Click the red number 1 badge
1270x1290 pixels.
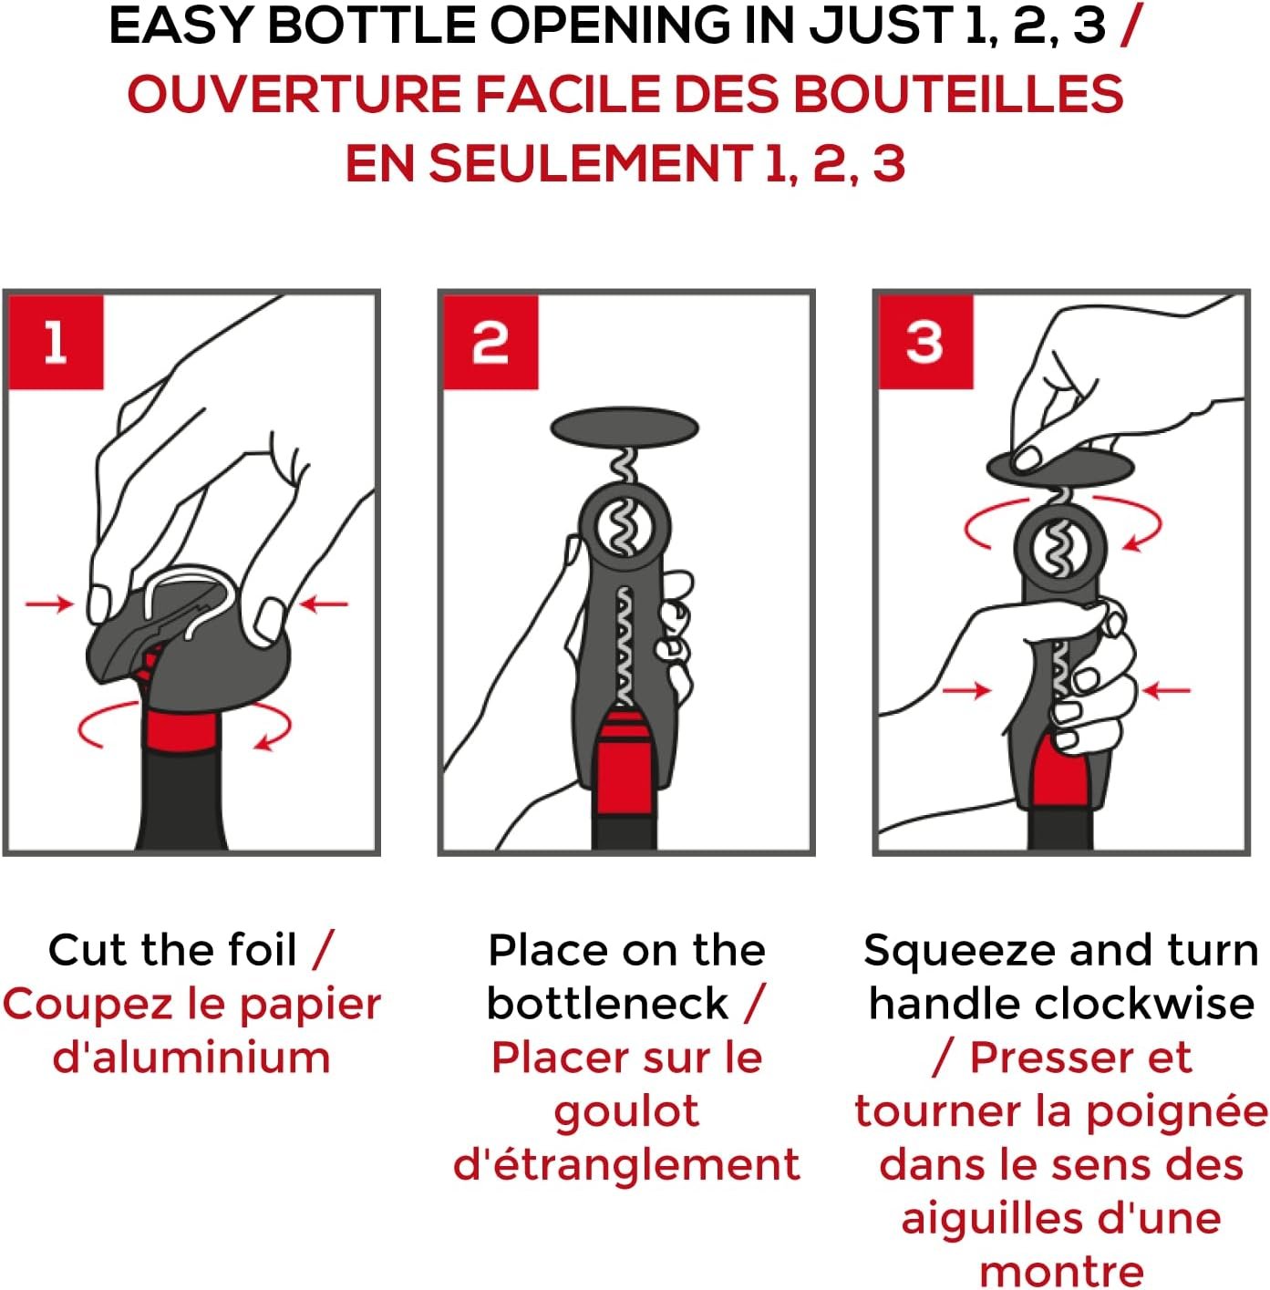tap(56, 342)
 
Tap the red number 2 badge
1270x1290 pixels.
tap(490, 342)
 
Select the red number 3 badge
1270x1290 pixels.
tap(925, 342)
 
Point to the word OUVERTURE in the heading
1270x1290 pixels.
tap(294, 94)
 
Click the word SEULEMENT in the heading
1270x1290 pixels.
tap(590, 163)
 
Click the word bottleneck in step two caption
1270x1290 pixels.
tap(607, 1004)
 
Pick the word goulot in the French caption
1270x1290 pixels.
tap(626, 1112)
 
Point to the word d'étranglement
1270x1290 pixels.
tap(626, 1165)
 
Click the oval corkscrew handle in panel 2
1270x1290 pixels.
tap(625, 427)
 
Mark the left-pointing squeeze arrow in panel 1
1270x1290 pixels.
tap(324, 604)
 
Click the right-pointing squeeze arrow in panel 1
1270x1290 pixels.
tap(49, 604)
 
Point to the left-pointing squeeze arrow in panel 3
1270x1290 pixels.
tap(1166, 690)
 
